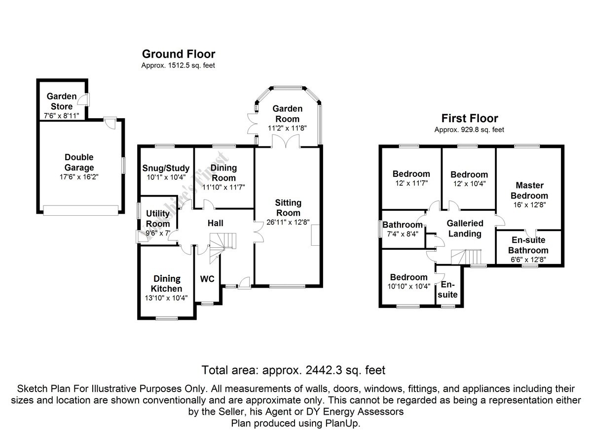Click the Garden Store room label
pyautogui.click(x=60, y=101)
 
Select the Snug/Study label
pyautogui.click(x=165, y=168)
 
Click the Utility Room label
pyautogui.click(x=158, y=219)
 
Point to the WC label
pyautogui.click(x=207, y=279)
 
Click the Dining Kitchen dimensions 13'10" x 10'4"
pyautogui.click(x=167, y=298)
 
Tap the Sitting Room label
pyautogui.click(x=288, y=207)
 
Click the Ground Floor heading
pyautogui.click(x=178, y=54)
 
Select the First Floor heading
pyautogui.click(x=469, y=118)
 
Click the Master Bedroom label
pyautogui.click(x=530, y=191)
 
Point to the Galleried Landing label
pyautogui.click(x=465, y=229)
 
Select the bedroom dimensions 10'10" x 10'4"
pyautogui.click(x=409, y=286)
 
